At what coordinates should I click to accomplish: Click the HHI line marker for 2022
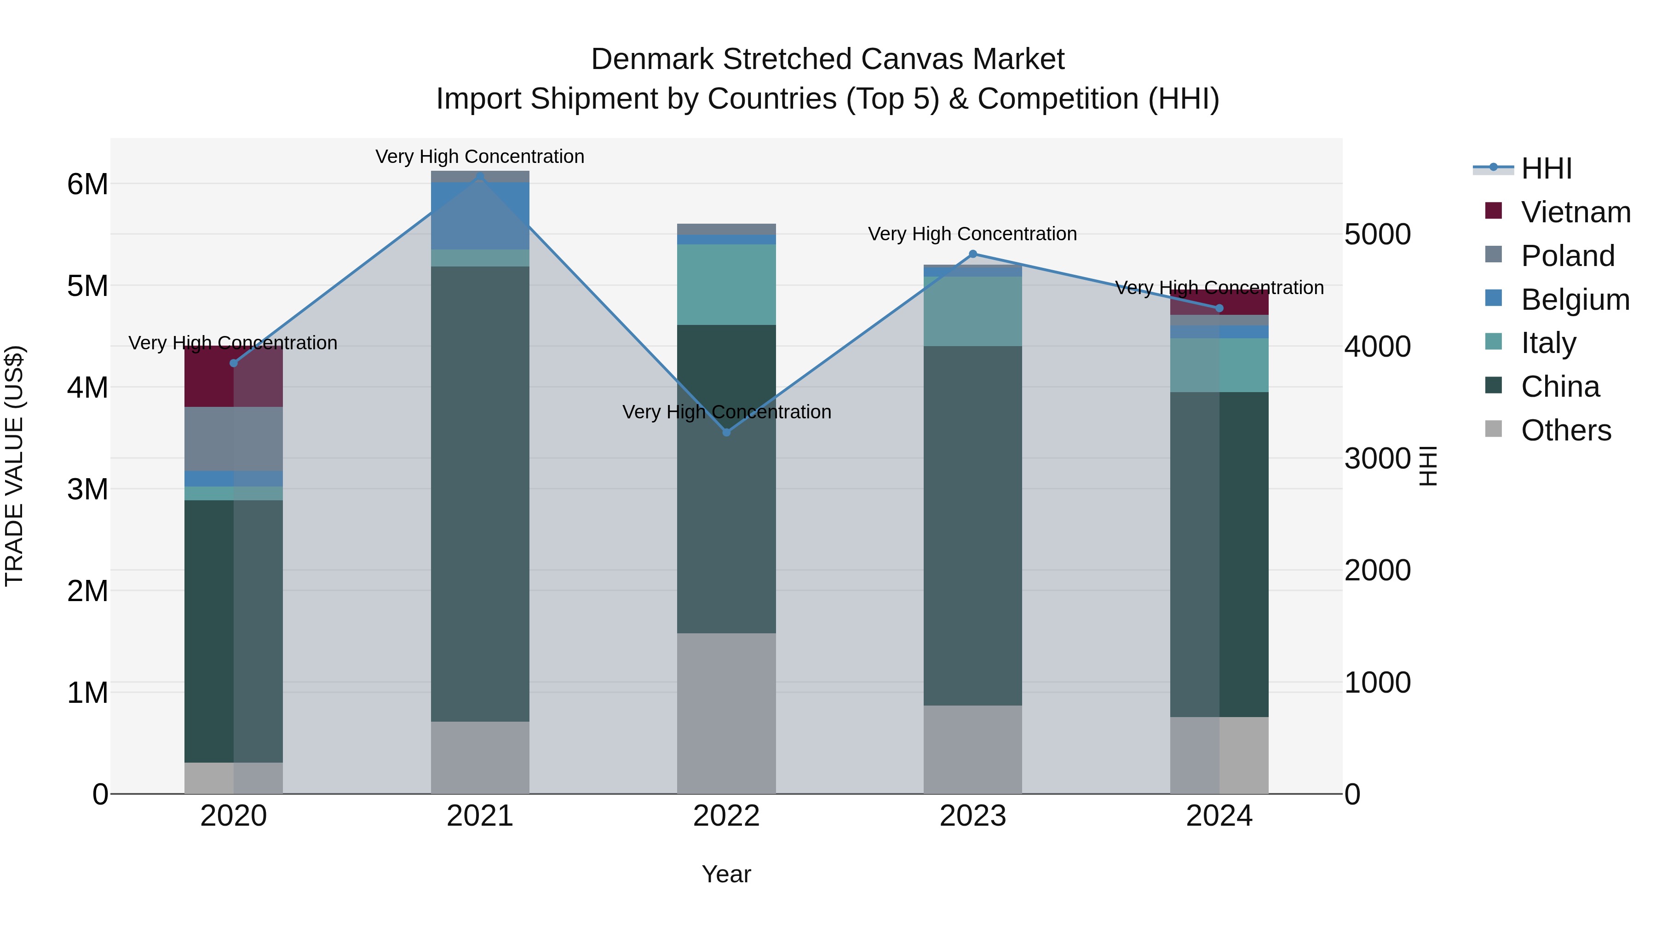point(726,432)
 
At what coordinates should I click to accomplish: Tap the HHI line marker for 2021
point(480,176)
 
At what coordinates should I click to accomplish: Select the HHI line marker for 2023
point(972,254)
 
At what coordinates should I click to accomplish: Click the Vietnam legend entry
point(1575,212)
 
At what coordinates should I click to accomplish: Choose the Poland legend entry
point(1567,256)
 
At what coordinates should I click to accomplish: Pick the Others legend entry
point(1565,430)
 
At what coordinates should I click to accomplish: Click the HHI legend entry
point(1546,168)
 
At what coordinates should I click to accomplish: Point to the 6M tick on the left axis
point(87,185)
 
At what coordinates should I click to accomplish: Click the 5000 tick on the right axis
point(1377,234)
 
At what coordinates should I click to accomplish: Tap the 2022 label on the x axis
point(726,816)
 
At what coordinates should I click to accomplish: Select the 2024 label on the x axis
point(1219,816)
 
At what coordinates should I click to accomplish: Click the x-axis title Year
point(726,874)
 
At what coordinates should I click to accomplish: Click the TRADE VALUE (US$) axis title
point(14,466)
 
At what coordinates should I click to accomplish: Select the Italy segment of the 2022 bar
point(726,284)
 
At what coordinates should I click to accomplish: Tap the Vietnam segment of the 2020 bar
point(233,377)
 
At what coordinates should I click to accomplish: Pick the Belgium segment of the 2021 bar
point(480,215)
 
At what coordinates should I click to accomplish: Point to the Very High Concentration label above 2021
point(480,157)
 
